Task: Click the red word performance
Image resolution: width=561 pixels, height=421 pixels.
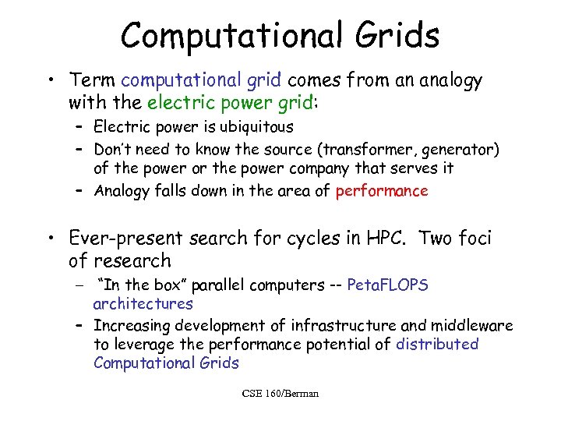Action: [x=382, y=191]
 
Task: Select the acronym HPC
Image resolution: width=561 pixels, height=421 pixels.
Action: [x=379, y=237]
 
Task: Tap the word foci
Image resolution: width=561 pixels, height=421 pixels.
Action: [x=475, y=237]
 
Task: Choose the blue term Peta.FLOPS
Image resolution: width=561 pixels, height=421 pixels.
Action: [x=387, y=285]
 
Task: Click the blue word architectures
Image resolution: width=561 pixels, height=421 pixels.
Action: [x=143, y=304]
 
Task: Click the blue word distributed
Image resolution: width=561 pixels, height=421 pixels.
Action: [x=437, y=344]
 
